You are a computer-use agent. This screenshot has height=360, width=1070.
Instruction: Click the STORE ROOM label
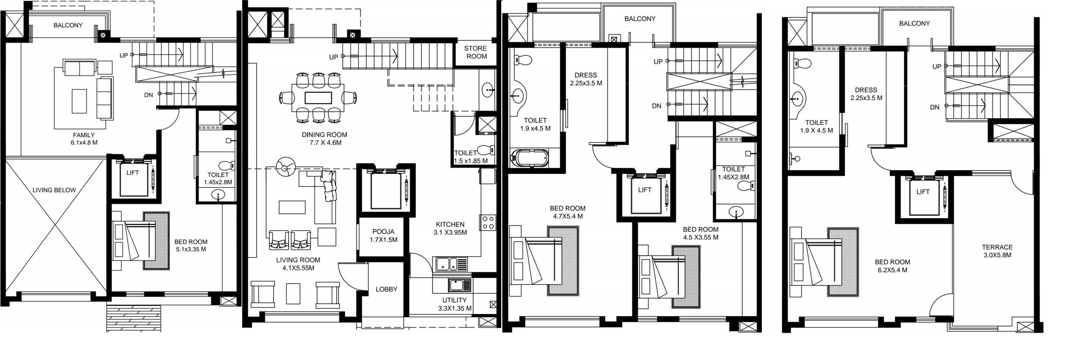476,52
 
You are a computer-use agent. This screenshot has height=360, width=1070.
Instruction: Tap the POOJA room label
384,235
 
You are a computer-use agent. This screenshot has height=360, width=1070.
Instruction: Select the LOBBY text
386,289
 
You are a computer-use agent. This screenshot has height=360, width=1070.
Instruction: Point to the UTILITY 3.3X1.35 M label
454,304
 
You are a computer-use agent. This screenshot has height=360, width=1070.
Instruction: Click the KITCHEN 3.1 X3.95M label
450,228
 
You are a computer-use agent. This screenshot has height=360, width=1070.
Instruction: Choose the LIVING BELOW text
54,190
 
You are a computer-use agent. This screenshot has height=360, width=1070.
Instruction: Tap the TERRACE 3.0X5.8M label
997,251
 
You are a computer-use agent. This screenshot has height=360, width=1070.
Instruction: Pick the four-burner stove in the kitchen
488,222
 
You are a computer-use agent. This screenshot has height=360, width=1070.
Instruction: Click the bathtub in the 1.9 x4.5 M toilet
529,158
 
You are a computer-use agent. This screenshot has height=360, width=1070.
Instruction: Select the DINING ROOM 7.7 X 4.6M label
324,138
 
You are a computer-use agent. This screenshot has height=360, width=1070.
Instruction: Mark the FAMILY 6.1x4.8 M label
84,138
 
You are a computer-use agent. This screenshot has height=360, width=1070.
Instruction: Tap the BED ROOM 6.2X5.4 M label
892,266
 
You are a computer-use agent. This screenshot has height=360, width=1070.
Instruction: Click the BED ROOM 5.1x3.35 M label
191,245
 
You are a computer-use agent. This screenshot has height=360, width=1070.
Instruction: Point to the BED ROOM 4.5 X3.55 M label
700,233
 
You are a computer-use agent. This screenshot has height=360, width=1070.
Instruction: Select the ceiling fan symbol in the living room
286,167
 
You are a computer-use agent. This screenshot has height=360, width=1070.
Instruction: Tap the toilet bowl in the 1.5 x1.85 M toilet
487,150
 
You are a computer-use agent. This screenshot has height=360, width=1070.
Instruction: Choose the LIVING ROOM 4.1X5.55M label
298,264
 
